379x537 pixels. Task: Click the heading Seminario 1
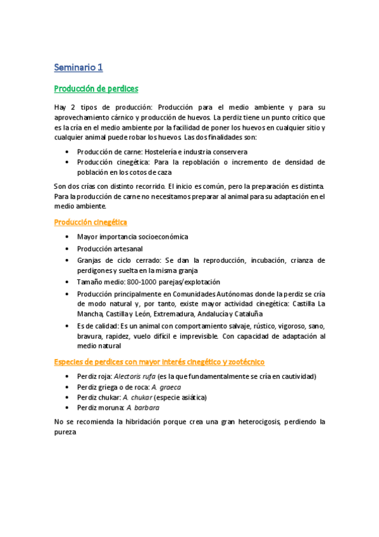point(78,67)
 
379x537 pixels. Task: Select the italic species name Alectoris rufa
point(135,376)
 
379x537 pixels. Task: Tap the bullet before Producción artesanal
point(68,249)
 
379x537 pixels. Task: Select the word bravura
point(91,336)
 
